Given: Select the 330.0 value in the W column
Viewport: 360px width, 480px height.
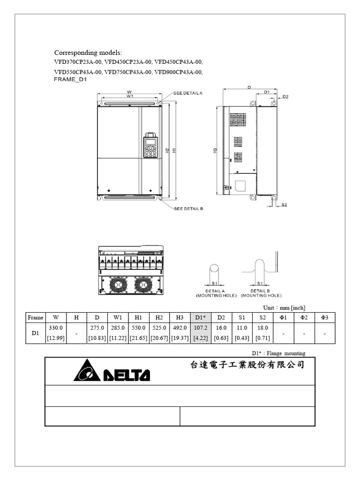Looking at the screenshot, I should tap(56, 328).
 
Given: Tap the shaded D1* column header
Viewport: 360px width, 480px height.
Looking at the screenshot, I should tap(200, 317).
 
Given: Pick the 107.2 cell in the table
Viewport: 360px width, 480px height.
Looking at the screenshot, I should tap(200, 328).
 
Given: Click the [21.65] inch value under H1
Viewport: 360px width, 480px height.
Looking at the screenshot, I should tap(138, 338).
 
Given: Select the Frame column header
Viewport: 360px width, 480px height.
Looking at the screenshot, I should tap(36, 317).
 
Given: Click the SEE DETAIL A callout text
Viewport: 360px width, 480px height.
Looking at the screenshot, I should tap(188, 93).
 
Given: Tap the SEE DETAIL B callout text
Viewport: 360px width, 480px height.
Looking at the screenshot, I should tap(188, 209).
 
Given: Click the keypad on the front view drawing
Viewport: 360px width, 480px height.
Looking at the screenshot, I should tap(150, 146).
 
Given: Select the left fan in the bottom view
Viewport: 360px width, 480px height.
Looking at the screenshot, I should tap(118, 284).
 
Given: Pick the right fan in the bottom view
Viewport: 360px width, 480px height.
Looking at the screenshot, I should tap(144, 284).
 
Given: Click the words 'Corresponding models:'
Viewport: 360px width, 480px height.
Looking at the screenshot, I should tap(88, 52).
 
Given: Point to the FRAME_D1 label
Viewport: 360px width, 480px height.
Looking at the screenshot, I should tap(70, 80).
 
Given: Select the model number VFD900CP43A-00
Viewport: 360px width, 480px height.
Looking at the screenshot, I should tap(179, 72).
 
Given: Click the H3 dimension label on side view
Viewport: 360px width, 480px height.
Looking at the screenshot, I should tap(215, 151).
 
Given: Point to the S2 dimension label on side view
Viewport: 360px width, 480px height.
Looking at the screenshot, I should tap(285, 205).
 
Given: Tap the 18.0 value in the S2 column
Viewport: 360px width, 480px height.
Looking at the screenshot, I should tap(262, 328).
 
